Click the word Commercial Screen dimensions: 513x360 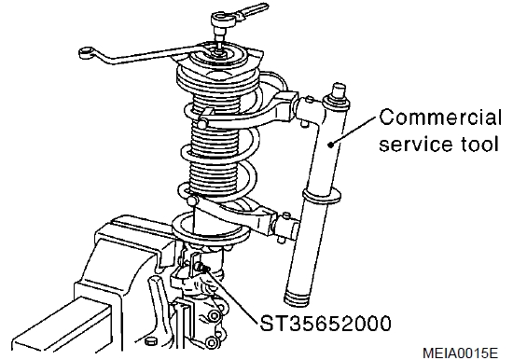click(440, 118)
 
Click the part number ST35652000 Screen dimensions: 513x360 click(326, 324)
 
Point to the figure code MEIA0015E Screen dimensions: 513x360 click(461, 353)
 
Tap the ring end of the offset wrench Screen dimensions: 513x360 click(87, 52)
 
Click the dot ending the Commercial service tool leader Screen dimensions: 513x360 click(331, 144)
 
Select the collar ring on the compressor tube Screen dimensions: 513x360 click(322, 197)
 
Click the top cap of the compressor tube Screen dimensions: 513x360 click(339, 90)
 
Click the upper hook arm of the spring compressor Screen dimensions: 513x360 click(249, 109)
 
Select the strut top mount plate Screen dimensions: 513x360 click(217, 56)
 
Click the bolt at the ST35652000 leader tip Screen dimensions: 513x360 click(202, 268)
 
